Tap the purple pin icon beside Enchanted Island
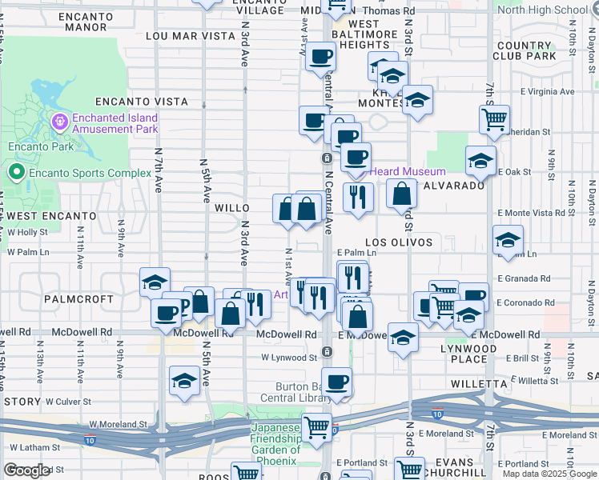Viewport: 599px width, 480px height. coord(58,122)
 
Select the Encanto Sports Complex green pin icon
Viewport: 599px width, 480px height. coord(16,172)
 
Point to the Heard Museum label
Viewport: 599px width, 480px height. coord(413,172)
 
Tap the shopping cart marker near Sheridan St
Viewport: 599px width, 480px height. coord(494,120)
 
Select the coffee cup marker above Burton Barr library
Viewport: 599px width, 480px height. coord(337,382)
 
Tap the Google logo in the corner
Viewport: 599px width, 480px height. coord(26,470)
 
